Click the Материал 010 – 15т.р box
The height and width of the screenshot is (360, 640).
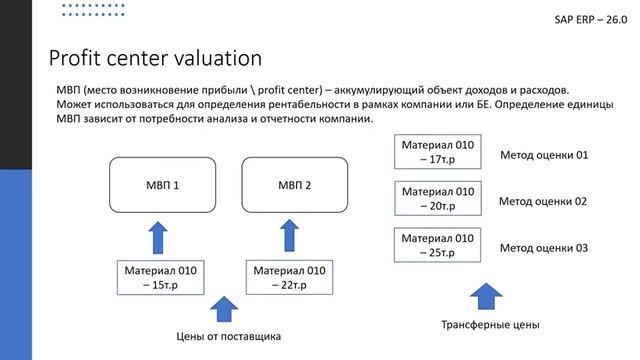point(163,277)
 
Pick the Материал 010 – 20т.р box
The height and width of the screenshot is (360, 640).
point(438,198)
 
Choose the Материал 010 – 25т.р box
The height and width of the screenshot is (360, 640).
point(438,246)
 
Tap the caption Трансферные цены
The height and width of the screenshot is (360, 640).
point(490,325)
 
